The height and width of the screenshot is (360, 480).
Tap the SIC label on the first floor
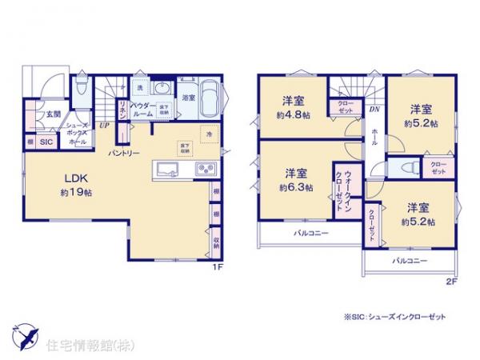(46, 142)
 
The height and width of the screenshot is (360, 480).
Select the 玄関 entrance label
(53, 114)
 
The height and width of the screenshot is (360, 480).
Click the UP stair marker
(103, 126)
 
